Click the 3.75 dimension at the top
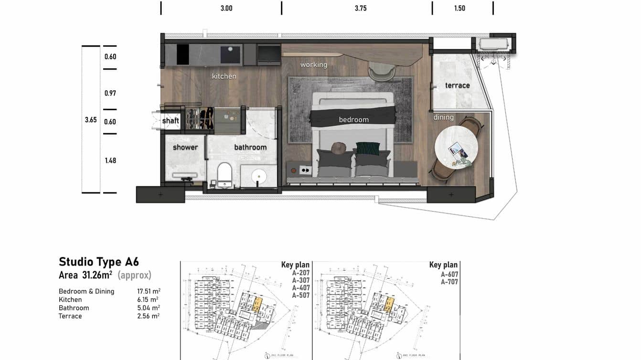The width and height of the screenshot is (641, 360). coord(361,8)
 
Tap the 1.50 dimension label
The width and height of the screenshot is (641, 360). coord(459,8)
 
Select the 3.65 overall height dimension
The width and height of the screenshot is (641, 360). coord(91,120)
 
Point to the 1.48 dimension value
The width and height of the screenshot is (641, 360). coord(110,160)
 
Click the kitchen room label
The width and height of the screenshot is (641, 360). coord(224,76)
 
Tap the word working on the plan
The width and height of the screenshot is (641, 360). coord(314,64)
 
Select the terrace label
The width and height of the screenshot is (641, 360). coord(457,85)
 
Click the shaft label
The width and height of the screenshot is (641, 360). coord(171,121)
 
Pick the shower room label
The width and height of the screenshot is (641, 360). coord(185,147)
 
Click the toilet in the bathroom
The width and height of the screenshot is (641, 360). coord(224,174)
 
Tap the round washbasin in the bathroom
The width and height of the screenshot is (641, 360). coord(259,177)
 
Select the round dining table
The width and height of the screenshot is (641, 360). coord(456,148)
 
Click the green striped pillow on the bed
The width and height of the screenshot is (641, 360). coord(368,148)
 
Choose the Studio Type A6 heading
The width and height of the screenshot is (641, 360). coord(99,262)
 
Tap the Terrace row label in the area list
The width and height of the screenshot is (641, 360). coord(70,316)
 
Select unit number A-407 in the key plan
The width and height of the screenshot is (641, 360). coord(301,288)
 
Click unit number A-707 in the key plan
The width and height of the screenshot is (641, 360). coord(449,282)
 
